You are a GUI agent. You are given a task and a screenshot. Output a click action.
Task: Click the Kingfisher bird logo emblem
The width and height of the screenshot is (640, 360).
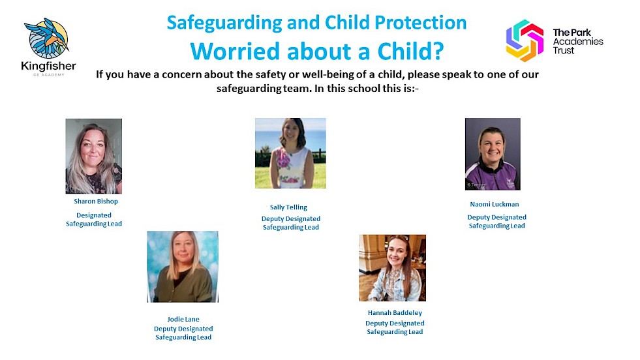pos(47,38)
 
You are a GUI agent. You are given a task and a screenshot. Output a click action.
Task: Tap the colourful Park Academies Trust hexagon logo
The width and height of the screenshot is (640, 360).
pos(525,40)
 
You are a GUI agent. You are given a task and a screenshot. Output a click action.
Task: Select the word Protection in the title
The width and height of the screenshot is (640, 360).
pos(421,22)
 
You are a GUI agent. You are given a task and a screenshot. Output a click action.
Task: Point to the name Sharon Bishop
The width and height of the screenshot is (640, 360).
pos(96,202)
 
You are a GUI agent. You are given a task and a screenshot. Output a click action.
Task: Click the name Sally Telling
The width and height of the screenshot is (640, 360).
pos(288,207)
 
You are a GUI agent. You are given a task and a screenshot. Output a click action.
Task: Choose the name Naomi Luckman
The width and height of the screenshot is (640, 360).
pos(495,204)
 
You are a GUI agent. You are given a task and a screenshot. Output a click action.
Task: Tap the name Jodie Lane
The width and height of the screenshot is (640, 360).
pos(183,319)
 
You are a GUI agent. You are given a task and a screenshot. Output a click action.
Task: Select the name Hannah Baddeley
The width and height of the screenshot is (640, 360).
pos(395,312)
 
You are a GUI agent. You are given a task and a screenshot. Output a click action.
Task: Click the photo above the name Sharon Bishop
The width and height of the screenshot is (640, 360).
pos(94,156)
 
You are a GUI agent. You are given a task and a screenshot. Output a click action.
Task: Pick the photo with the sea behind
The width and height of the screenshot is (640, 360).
pos(290,153)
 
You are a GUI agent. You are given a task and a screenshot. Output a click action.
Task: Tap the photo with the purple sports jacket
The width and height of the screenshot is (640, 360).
pos(493,154)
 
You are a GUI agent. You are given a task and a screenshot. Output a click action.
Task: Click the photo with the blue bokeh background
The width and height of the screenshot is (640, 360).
pos(183,267)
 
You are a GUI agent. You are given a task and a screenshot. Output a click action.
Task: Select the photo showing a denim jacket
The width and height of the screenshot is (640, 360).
pos(392,268)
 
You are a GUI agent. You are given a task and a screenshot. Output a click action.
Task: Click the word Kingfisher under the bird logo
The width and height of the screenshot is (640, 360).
pos(48,66)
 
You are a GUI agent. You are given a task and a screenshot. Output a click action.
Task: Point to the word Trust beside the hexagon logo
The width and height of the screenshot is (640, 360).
pos(564,51)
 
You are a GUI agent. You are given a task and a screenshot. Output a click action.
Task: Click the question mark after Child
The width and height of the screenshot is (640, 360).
pos(437,52)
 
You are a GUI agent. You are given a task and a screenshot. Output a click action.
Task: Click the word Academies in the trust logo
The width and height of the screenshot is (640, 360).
pos(578,42)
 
